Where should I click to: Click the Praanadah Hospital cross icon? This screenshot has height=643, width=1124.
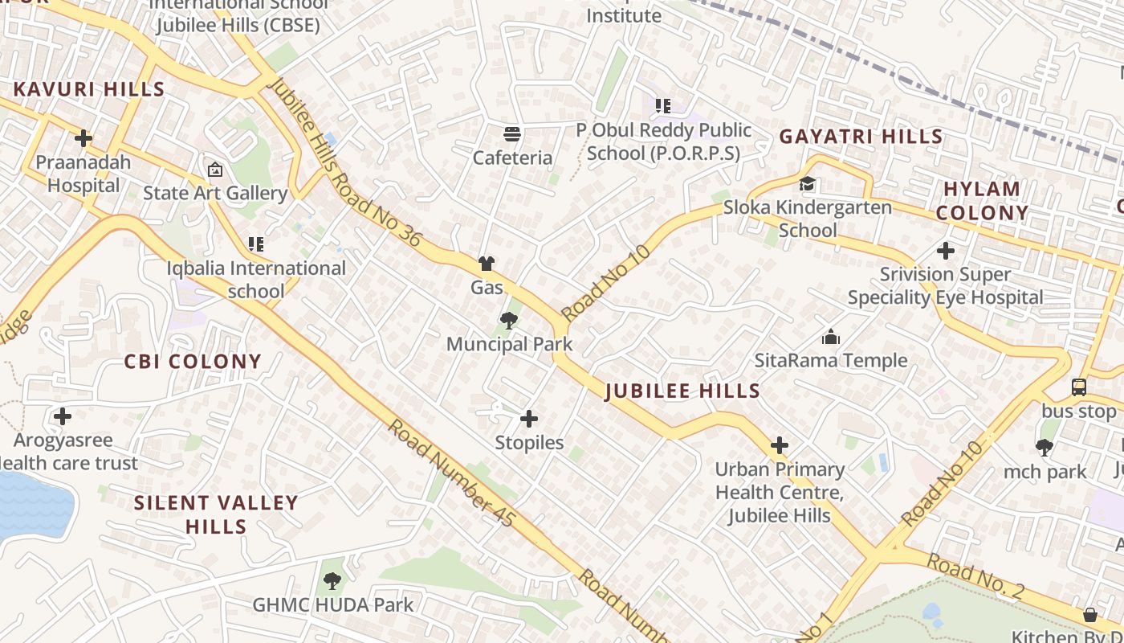pyautogui.click(x=83, y=138)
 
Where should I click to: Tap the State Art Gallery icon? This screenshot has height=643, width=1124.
pyautogui.click(x=214, y=170)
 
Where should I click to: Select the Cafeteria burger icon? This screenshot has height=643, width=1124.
pyautogui.click(x=511, y=133)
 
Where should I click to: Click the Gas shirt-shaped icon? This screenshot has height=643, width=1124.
pyautogui.click(x=486, y=264)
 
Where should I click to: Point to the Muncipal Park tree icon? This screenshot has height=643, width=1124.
pyautogui.click(x=508, y=321)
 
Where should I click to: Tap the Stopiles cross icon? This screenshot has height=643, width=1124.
pyautogui.click(x=529, y=419)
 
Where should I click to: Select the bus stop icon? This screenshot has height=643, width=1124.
pyautogui.click(x=1079, y=387)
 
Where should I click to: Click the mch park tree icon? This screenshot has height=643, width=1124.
pyautogui.click(x=1045, y=448)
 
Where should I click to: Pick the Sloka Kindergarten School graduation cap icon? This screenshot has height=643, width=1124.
pyautogui.click(x=807, y=184)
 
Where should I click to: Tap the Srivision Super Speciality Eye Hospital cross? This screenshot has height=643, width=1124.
pyautogui.click(x=946, y=251)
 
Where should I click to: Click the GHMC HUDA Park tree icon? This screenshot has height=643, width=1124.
pyautogui.click(x=332, y=580)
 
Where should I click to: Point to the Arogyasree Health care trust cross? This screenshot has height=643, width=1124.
pyautogui.click(x=63, y=416)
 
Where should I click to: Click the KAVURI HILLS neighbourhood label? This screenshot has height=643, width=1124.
pyautogui.click(x=89, y=89)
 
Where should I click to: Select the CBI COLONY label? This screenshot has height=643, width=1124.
pyautogui.click(x=193, y=362)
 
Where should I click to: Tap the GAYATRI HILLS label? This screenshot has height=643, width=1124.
pyautogui.click(x=861, y=137)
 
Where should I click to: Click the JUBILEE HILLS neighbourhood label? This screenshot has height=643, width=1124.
pyautogui.click(x=682, y=391)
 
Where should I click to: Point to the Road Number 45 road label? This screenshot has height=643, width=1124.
pyautogui.click(x=450, y=473)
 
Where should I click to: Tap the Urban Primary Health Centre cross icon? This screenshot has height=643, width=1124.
pyautogui.click(x=779, y=445)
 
